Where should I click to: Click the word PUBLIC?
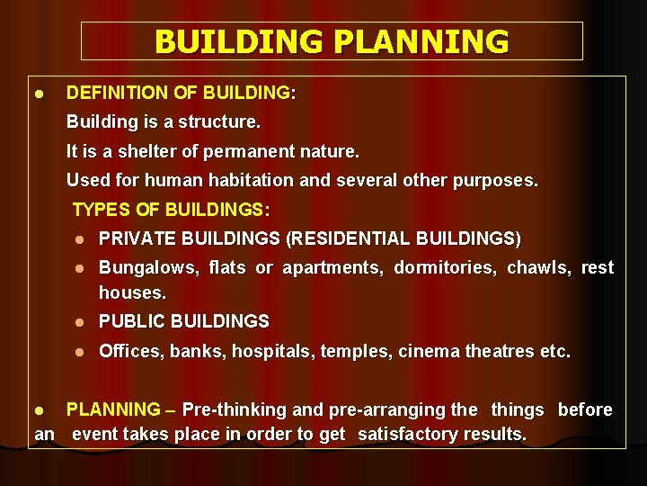point(131,321)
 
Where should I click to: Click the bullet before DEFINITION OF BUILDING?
point(40,94)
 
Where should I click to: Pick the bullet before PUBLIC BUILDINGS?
point(80,322)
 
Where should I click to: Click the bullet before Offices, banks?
point(80,352)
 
